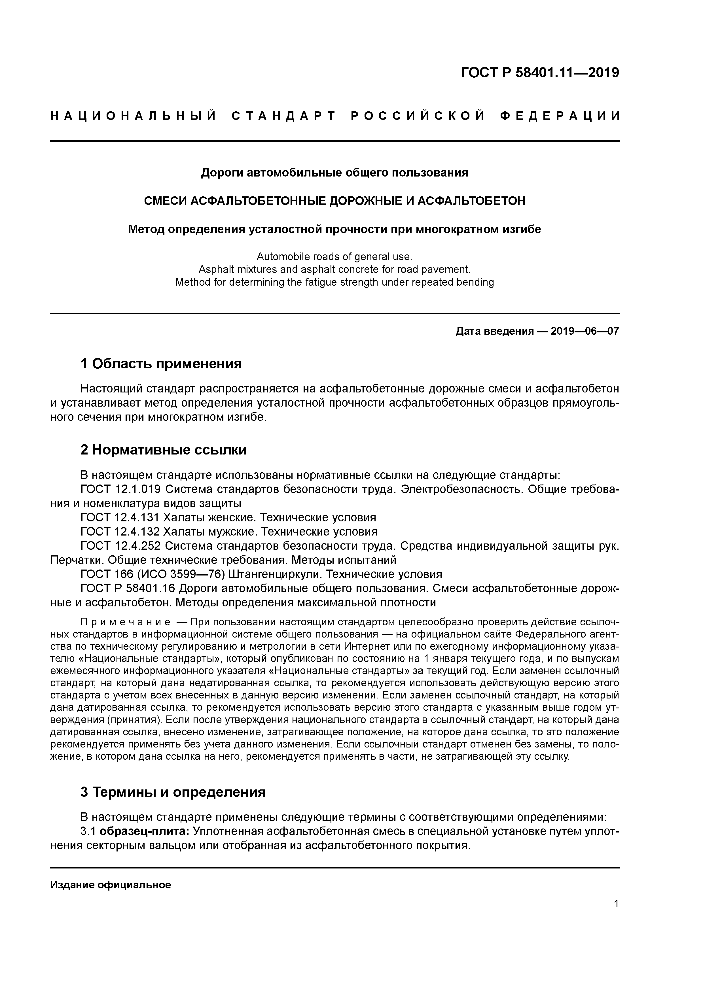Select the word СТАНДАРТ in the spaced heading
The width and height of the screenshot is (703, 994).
point(284,116)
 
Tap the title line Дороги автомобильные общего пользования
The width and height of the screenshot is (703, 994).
point(334,173)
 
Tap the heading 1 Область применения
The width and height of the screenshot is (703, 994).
point(161,364)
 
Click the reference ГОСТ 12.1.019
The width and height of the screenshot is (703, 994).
point(121,489)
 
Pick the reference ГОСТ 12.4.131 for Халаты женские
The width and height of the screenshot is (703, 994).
point(121,517)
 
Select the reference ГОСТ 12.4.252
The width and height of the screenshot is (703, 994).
point(121,546)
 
